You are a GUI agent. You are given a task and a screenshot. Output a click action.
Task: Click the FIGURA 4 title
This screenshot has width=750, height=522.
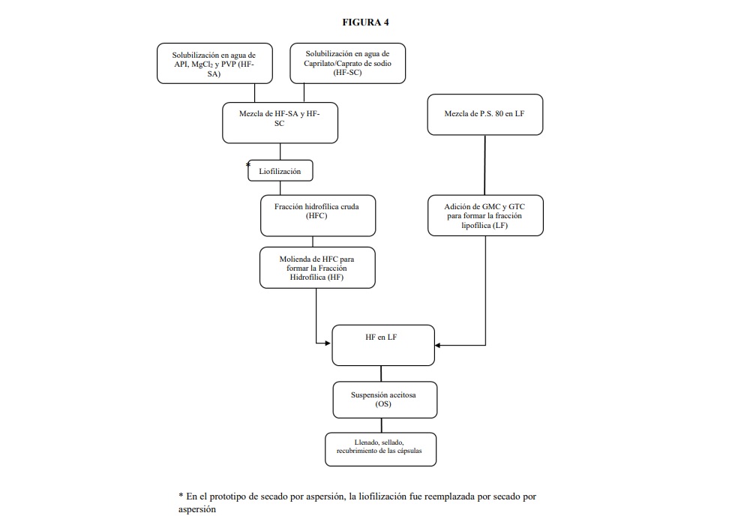click(x=365, y=22)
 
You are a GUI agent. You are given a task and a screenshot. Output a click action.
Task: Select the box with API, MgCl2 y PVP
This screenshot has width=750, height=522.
click(x=214, y=64)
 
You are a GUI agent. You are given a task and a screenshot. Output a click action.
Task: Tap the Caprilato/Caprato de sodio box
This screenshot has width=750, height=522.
click(x=348, y=63)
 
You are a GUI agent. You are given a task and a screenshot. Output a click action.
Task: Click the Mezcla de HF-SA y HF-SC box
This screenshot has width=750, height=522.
click(x=280, y=123)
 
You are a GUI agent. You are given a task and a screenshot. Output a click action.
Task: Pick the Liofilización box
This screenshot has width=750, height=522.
click(x=280, y=171)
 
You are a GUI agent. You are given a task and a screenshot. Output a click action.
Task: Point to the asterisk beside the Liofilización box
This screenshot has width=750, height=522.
click(x=247, y=165)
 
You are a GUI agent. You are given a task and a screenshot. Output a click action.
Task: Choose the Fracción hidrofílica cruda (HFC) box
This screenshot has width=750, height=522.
click(x=318, y=216)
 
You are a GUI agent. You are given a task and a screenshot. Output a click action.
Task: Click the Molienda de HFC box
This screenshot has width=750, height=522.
click(x=317, y=268)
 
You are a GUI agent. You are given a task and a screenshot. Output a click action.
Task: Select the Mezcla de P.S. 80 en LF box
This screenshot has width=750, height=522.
click(x=485, y=114)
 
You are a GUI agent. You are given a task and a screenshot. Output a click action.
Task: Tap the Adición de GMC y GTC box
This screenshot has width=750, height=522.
click(x=485, y=215)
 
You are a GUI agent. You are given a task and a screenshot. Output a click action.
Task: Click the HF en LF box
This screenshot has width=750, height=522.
click(x=383, y=346)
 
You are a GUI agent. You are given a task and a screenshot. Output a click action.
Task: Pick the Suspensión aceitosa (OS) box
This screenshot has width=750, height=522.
click(x=385, y=400)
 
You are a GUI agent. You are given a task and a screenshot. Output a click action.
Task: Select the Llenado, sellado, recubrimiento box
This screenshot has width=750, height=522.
click(x=381, y=449)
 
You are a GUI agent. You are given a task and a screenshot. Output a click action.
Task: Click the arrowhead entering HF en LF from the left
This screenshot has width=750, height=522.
click(x=328, y=343)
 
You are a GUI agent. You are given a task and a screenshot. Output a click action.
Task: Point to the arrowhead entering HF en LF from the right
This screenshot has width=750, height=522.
click(x=438, y=345)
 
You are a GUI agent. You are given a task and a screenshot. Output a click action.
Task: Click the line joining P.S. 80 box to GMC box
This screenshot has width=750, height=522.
click(x=485, y=165)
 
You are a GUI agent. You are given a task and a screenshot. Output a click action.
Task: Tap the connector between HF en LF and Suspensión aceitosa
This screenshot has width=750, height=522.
click(x=381, y=373)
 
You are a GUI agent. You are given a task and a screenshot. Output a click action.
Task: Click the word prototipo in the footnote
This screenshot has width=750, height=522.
click(x=234, y=496)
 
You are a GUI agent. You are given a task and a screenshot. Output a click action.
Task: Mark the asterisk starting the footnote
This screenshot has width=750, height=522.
click(x=181, y=495)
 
